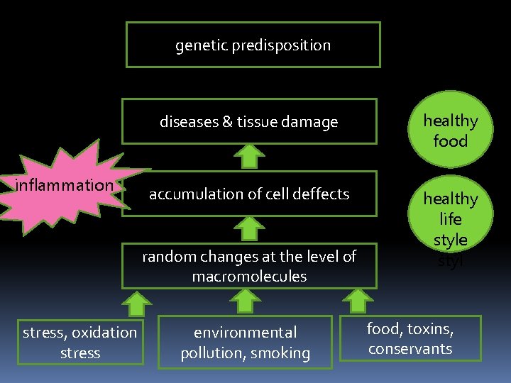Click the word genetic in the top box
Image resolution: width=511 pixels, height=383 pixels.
(x=199, y=45)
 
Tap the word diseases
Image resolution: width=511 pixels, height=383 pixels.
(x=189, y=122)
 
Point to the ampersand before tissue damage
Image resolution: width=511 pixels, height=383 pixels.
(x=227, y=122)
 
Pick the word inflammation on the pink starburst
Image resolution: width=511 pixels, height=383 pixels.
(x=65, y=186)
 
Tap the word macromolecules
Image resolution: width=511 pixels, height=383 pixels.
(x=249, y=276)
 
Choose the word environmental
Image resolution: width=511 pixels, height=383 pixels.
(x=246, y=332)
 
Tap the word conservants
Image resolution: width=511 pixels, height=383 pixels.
(x=410, y=348)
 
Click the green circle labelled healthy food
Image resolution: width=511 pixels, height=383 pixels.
(x=451, y=131)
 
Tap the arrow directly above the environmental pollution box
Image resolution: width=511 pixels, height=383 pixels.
(x=245, y=301)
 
